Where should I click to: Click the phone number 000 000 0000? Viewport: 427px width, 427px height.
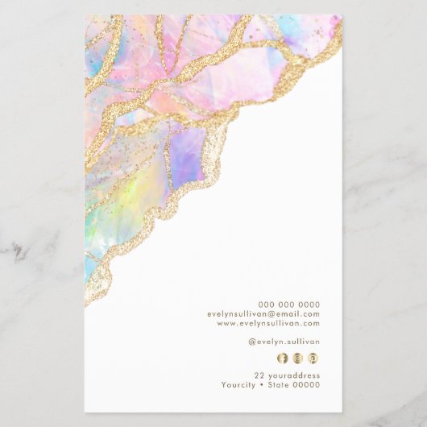(288, 305)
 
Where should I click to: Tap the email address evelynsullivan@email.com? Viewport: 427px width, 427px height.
(263, 314)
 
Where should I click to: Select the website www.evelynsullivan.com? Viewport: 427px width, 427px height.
(268, 323)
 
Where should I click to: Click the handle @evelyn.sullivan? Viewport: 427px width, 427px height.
(284, 342)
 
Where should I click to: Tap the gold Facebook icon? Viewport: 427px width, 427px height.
(282, 358)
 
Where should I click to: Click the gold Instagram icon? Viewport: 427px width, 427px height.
(297, 358)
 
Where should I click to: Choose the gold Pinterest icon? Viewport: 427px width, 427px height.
(313, 358)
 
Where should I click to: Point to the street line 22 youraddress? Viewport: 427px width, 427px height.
(287, 375)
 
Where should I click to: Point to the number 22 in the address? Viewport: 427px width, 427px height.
(259, 375)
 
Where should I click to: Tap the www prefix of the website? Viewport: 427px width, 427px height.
(226, 323)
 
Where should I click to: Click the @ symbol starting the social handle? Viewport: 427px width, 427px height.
(251, 342)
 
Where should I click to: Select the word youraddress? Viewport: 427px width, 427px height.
(293, 375)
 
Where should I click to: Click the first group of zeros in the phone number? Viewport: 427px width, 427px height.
(267, 305)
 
